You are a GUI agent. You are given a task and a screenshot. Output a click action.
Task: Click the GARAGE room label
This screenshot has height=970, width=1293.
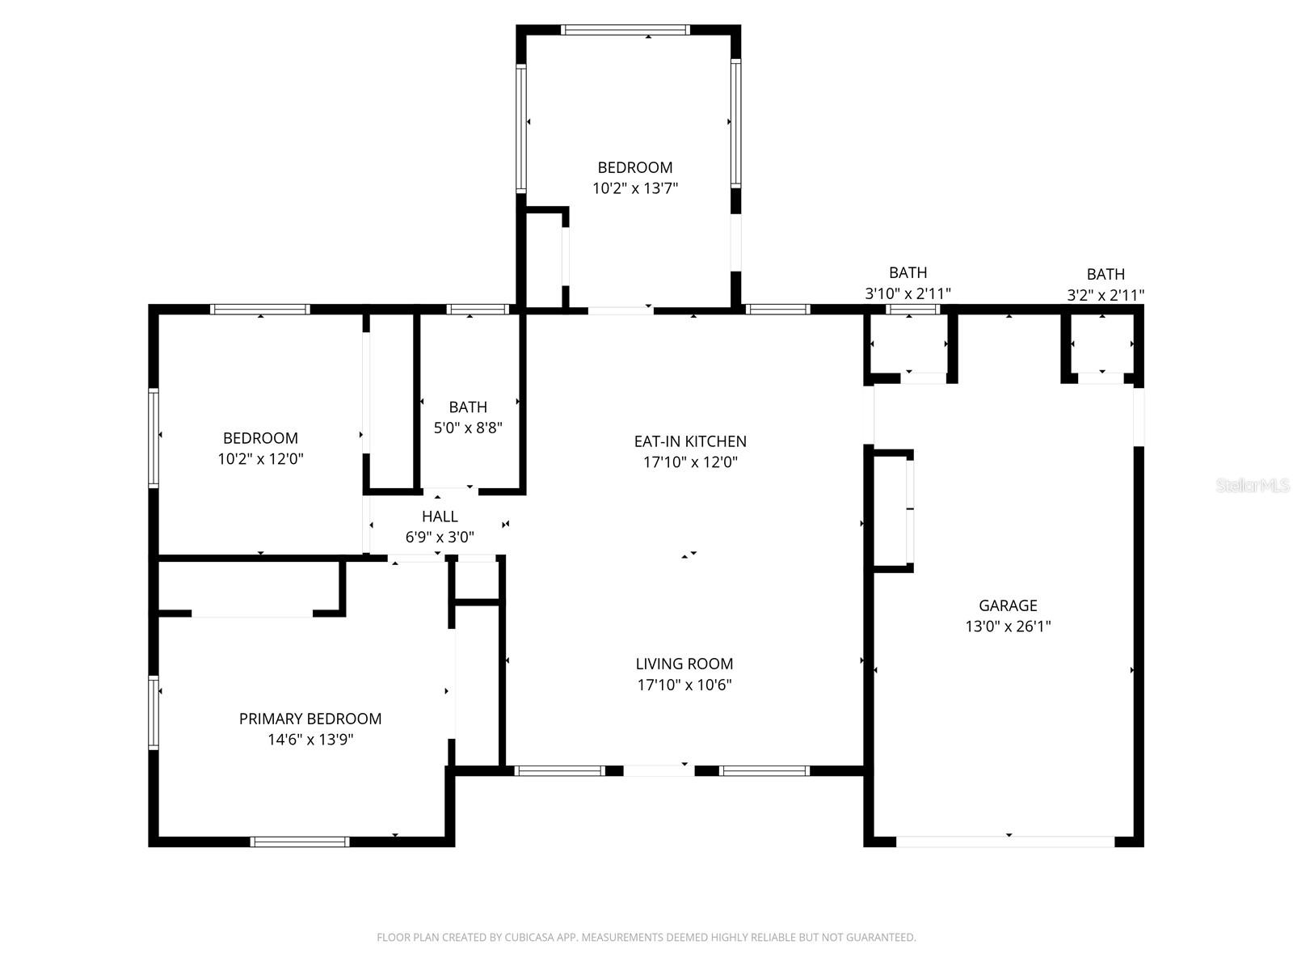pyautogui.click(x=1008, y=605)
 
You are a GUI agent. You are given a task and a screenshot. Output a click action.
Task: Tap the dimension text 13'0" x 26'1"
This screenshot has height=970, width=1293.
pyautogui.click(x=1008, y=626)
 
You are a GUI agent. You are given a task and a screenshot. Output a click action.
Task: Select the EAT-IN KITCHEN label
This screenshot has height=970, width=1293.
pyautogui.click(x=689, y=441)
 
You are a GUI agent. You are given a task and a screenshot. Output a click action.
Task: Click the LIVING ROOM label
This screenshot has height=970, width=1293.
pyautogui.click(x=684, y=664)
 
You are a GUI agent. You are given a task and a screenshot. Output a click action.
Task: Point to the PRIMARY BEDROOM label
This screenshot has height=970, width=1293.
pyautogui.click(x=310, y=719)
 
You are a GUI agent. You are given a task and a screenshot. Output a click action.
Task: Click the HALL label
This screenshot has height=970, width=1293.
pyautogui.click(x=440, y=517)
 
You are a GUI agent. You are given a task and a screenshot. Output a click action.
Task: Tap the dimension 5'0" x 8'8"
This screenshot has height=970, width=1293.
pyautogui.click(x=468, y=428)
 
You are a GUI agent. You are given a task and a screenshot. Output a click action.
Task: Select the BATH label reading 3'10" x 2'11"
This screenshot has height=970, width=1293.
pyautogui.click(x=908, y=273)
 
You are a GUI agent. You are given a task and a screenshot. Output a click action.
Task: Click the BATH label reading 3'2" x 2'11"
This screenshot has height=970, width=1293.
pyautogui.click(x=1105, y=275)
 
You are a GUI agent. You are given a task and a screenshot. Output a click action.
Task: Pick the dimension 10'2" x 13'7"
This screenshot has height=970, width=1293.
pyautogui.click(x=634, y=188)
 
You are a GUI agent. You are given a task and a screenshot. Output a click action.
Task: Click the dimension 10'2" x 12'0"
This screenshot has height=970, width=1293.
pyautogui.click(x=260, y=459)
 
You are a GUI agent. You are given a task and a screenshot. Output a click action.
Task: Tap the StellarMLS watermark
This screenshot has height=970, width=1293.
pyautogui.click(x=1253, y=486)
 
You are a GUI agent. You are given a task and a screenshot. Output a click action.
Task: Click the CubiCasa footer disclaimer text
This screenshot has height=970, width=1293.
pyautogui.click(x=646, y=938)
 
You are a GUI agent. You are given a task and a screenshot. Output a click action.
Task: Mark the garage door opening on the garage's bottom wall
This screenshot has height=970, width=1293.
pyautogui.click(x=1005, y=841)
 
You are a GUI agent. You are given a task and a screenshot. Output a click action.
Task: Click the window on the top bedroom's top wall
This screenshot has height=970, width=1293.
pyautogui.click(x=625, y=30)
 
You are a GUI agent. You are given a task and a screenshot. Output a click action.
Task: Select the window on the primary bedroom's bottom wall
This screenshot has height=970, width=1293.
pyautogui.click(x=300, y=841)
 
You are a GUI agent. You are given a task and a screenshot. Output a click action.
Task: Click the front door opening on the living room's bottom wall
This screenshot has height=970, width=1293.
pyautogui.click(x=659, y=770)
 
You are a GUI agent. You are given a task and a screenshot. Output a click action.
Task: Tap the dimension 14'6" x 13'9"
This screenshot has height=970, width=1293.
pyautogui.click(x=310, y=740)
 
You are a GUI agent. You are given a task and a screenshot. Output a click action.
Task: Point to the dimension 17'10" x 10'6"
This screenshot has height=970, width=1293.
pyautogui.click(x=684, y=685)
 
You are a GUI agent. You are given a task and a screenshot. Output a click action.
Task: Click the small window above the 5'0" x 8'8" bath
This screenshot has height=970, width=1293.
pyautogui.click(x=477, y=309)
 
